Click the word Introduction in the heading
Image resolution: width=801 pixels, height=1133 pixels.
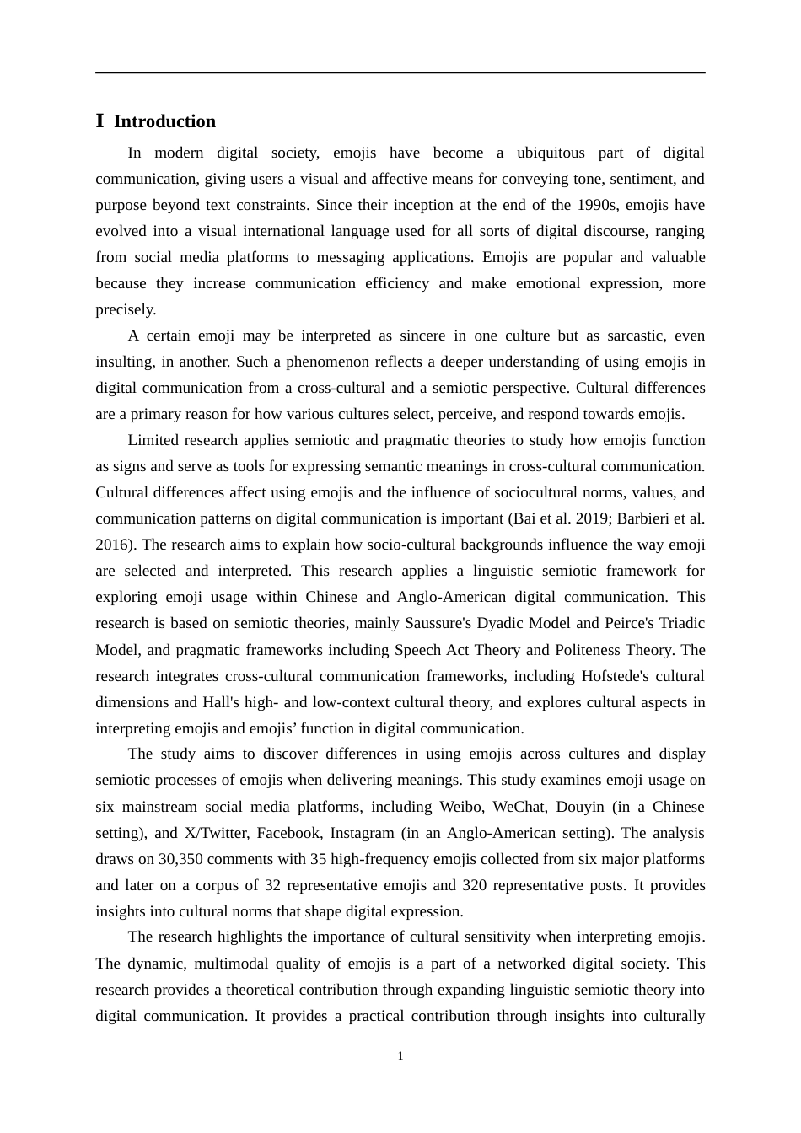click(164, 121)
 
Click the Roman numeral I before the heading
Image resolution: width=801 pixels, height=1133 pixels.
click(100, 121)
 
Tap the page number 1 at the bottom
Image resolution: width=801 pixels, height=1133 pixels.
click(400, 1056)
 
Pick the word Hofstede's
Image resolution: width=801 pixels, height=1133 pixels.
click(625, 676)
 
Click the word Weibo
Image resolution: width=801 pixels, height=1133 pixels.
click(460, 807)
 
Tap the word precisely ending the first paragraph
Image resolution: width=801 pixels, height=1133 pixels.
click(125, 309)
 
